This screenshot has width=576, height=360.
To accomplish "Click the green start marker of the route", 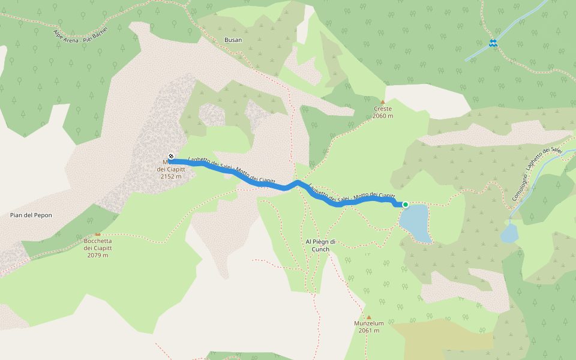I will pos(406,205).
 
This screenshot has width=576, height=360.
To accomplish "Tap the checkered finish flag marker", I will pos(172,157).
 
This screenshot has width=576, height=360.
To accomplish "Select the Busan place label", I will pos(233,40).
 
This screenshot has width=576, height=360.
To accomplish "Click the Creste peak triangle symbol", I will pos(383,101).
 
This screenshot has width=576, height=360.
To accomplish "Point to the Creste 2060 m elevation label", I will pos(382,112).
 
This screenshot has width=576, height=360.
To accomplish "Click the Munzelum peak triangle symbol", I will pos(369,317).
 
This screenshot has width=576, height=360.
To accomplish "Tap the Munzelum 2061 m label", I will pos(368,327).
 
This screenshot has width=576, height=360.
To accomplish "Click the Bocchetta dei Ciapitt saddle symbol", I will pos(98,234).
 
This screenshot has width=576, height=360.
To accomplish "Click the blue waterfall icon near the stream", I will pos(493,43).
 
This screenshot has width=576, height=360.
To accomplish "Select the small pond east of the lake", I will pos(509,233).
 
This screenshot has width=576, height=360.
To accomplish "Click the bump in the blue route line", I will pos(297,182).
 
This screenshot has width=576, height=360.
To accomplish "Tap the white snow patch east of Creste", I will pos(429,99).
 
